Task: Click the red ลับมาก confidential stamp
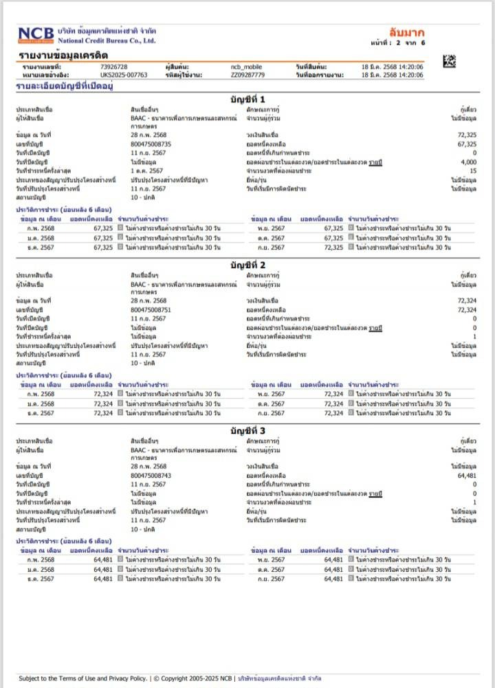(x=407, y=32)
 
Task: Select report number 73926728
(x=114, y=66)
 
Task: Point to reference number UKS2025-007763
(x=124, y=74)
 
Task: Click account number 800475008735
(x=151, y=144)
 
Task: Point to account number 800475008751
(x=151, y=310)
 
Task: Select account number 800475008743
(x=151, y=476)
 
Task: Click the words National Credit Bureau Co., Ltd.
(x=106, y=41)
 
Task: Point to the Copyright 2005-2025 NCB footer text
(x=193, y=678)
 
